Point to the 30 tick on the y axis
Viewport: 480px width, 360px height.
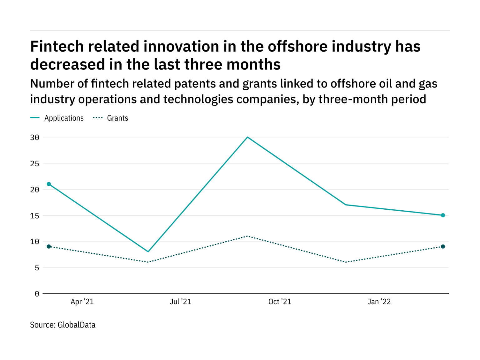(35, 137)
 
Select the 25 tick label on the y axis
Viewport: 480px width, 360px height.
(35, 163)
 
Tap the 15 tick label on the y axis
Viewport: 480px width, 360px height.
(35, 216)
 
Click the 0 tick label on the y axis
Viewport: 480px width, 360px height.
(37, 294)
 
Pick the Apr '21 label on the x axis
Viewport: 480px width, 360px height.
(82, 302)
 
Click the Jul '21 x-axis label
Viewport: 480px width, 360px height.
(180, 302)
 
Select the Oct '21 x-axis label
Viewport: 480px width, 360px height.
(280, 302)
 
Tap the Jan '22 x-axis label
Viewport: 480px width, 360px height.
(379, 302)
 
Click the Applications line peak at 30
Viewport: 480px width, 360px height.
(247, 137)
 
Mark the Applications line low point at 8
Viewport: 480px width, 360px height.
(148, 252)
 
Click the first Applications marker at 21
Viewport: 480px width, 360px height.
(49, 184)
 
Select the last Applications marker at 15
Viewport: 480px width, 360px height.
(443, 215)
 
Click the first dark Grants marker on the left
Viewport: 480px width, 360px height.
(49, 247)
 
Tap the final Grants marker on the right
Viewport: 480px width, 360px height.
(443, 247)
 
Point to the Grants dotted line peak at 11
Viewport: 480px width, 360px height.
(247, 236)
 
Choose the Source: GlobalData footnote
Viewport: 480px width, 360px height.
(62, 325)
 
